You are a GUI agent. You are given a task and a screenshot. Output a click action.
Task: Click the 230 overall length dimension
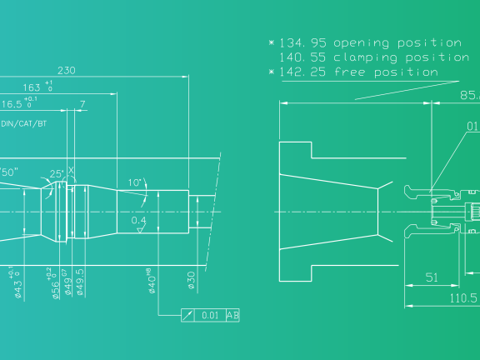[x=66, y=71]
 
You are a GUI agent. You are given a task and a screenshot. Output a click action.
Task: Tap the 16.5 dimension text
[x=13, y=104]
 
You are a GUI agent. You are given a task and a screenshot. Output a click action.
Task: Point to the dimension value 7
[x=82, y=104]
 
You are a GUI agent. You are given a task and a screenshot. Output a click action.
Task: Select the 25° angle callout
[x=57, y=174]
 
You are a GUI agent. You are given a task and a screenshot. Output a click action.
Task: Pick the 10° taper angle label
[x=135, y=182]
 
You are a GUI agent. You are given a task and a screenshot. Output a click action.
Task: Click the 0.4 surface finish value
[x=138, y=221]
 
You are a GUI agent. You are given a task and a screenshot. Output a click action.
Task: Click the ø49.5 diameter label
[x=80, y=283]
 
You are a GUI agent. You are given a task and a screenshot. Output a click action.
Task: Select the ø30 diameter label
[x=191, y=281]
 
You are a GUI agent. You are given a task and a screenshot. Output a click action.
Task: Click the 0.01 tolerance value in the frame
[x=211, y=315]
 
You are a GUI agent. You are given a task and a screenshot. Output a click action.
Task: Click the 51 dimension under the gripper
[x=432, y=277]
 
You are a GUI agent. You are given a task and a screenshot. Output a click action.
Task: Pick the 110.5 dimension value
[x=463, y=297]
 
